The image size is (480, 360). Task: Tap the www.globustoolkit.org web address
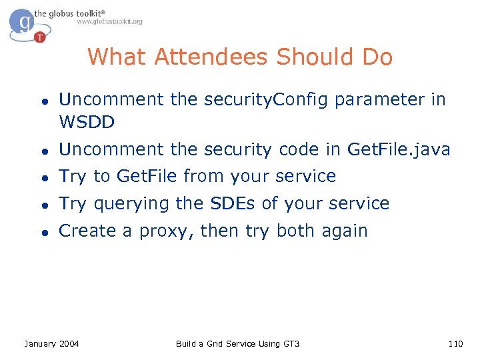(109, 22)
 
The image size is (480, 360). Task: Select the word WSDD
(87, 122)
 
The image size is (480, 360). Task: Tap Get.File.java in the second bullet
(399, 151)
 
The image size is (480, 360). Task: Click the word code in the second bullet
(296, 151)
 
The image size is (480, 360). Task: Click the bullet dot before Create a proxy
(41, 232)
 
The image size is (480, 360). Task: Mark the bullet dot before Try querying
(41, 204)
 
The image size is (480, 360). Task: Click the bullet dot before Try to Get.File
(41, 177)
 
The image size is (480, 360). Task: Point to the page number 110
(455, 344)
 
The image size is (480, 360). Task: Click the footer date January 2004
(51, 344)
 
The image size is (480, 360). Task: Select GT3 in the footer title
(291, 344)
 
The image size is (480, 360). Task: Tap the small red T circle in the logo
(41, 37)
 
